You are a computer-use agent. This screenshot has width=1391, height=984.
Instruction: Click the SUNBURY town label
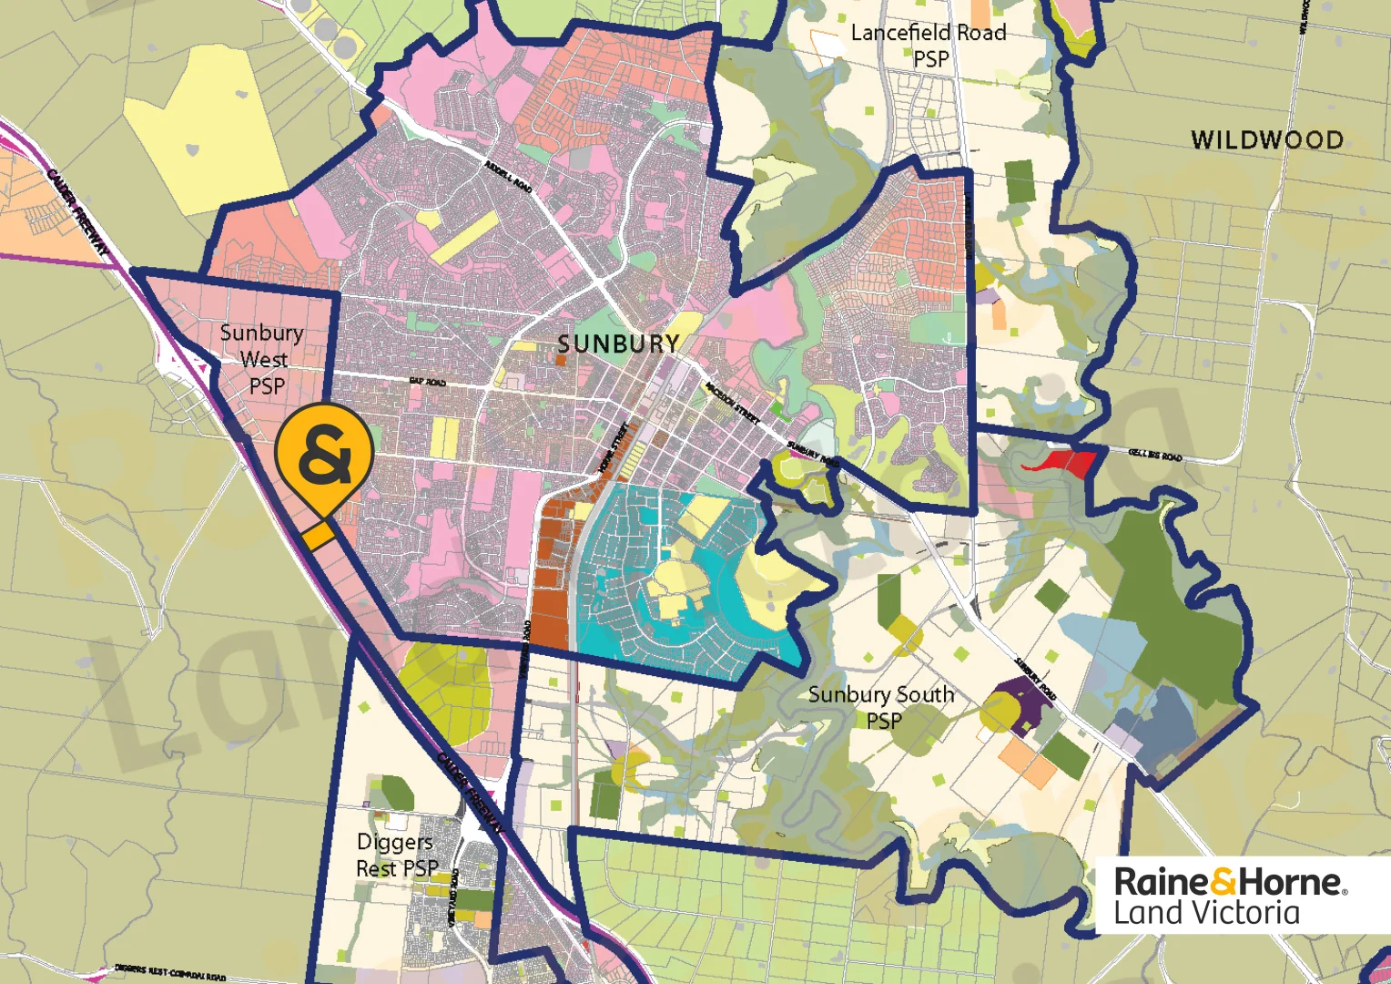[x=618, y=343]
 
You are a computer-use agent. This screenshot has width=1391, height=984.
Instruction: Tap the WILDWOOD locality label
[x=1266, y=139]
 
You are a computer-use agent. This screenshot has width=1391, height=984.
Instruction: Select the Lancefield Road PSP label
[x=929, y=46]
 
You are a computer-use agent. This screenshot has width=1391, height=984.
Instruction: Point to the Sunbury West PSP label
[x=263, y=359]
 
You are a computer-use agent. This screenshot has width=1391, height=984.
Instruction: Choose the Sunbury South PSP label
[x=881, y=707]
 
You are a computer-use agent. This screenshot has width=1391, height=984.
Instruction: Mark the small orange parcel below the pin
[x=318, y=536]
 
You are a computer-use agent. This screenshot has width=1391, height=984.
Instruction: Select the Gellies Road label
[x=1155, y=453]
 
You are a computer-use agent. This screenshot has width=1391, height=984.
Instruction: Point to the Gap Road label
[x=427, y=382]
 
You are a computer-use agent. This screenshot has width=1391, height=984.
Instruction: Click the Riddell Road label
[x=508, y=176]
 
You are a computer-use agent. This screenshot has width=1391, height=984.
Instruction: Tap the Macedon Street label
[x=732, y=402]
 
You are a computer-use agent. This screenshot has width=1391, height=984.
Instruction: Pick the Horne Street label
[x=612, y=448]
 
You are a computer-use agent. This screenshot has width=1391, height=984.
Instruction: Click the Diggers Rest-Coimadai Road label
[x=170, y=972]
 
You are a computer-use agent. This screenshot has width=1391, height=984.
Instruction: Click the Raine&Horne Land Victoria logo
[x=1229, y=896]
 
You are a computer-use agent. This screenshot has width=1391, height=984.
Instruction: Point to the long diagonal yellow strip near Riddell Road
[x=464, y=237]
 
